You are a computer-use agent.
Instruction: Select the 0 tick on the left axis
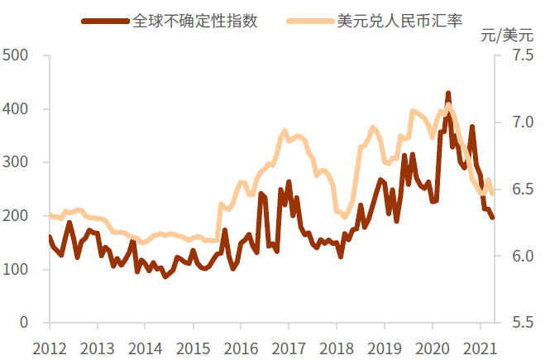[x=25, y=323]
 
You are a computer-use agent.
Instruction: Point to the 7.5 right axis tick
[x=523, y=55]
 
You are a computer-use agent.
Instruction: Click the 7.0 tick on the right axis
[x=523, y=122]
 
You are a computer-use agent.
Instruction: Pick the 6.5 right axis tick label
[x=523, y=190]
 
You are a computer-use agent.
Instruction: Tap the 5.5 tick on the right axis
[x=523, y=323]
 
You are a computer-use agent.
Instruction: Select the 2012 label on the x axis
[x=49, y=347]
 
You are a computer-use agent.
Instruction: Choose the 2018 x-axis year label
[x=335, y=347]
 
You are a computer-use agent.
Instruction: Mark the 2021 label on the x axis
[x=480, y=347]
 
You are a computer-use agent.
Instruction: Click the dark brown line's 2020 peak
[x=448, y=94]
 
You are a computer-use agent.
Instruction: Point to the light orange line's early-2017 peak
[x=285, y=131]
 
